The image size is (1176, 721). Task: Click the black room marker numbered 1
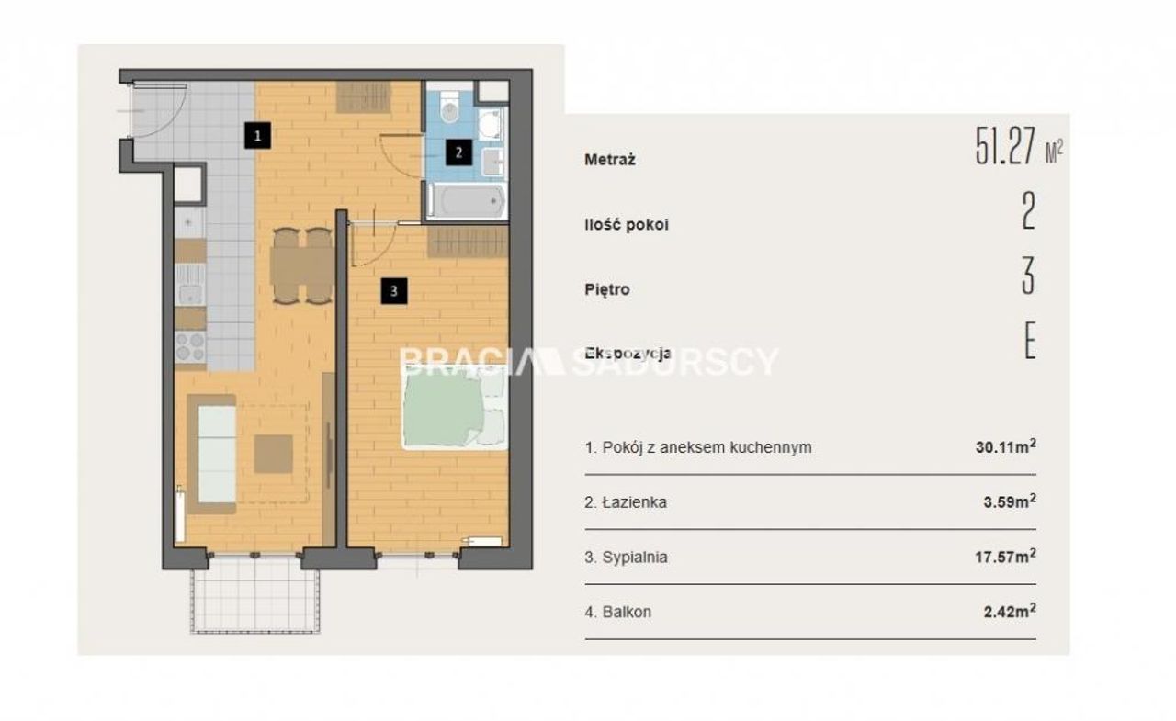pos(257,135)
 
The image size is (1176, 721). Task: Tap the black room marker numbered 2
pos(458,152)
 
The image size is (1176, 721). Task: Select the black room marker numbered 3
pos(394,291)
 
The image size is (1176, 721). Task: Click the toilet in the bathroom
pos(449,107)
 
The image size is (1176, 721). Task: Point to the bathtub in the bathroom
pos(468,200)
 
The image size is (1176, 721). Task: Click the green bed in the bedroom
pos(455,407)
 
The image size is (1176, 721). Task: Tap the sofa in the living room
pos(212,454)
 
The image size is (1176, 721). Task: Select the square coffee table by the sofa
pos(274,454)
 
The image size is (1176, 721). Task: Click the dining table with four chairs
pos(302,265)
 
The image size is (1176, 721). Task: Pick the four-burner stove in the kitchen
pos(190,347)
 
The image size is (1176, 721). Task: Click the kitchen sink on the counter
pos(189,286)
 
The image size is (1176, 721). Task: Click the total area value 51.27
pos(1005,146)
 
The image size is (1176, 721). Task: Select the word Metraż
pos(609,160)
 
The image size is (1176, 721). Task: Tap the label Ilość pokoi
pos(627,225)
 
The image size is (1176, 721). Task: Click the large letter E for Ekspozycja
pos(1031,341)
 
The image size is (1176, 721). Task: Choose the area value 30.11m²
pos(1006,446)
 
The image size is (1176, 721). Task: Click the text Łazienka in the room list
pos(635,502)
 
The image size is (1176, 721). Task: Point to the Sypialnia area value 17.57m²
pos(1006,556)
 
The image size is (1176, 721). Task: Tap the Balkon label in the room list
pos(627,612)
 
